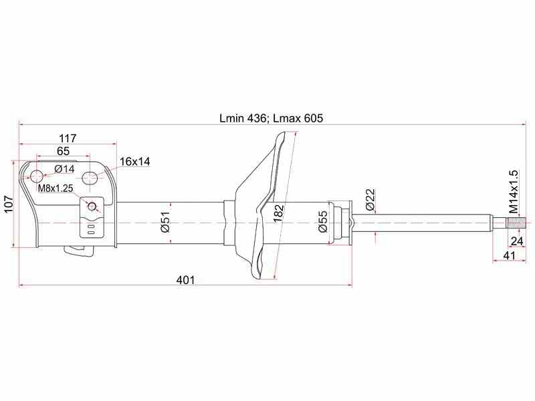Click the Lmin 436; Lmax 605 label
pos(271,118)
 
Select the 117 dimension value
pos(68,138)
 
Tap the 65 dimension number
pos(64,151)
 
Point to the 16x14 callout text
pos(135,161)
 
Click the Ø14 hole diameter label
pos(64,169)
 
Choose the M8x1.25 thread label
pos(56,188)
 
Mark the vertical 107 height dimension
pos(8,205)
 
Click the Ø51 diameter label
pos(165,222)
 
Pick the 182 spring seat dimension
pos(279,213)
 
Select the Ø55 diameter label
pos(322,222)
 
